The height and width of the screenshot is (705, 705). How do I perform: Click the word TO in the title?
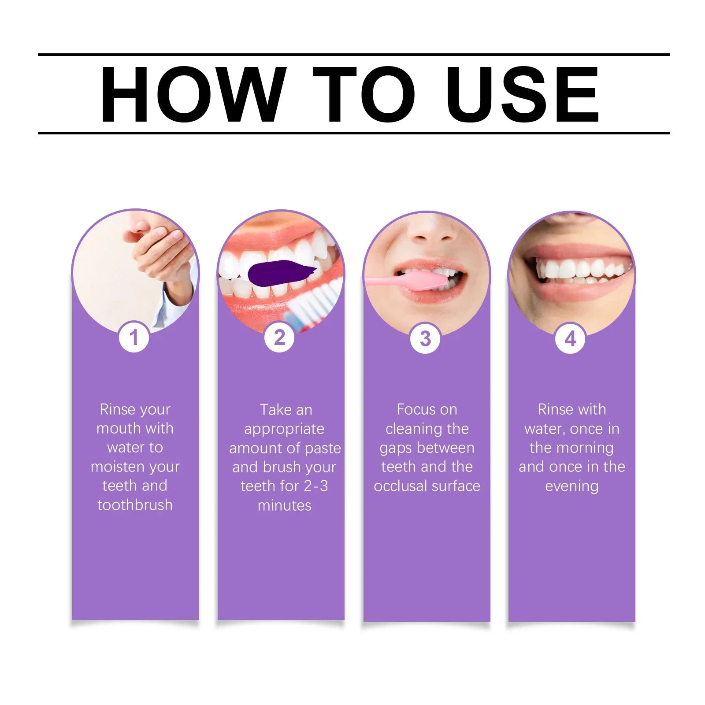[364, 94]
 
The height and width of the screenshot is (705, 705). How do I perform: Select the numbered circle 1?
[134, 338]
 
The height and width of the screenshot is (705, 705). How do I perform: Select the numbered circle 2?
[279, 338]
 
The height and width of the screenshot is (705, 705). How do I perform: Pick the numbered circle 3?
[425, 338]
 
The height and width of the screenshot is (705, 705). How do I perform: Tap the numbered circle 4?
[570, 338]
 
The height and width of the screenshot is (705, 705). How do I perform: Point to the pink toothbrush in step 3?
[414, 281]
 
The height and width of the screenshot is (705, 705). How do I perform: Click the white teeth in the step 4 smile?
[582, 270]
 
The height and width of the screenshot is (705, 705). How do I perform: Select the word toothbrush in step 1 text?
[135, 505]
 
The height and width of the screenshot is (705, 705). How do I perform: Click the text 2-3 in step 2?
[315, 486]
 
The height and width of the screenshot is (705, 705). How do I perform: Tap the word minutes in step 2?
[284, 505]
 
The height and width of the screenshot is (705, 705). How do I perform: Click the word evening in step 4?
[571, 486]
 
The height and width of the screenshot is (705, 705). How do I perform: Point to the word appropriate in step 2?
[284, 429]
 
